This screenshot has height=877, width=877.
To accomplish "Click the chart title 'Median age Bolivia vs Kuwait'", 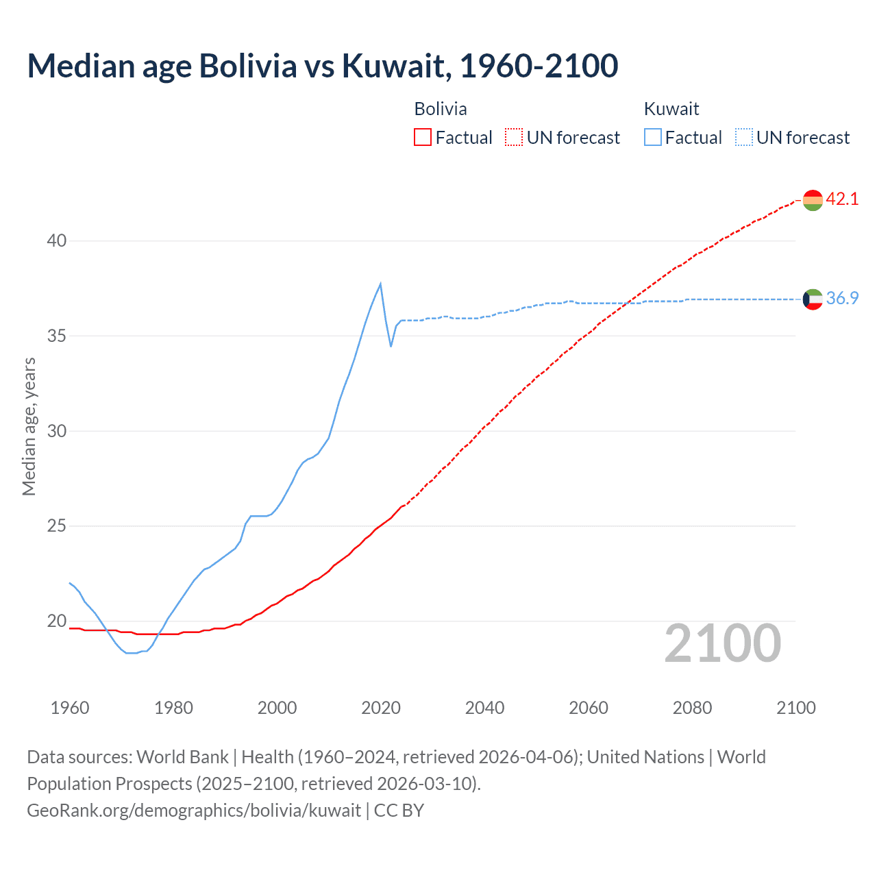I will click(322, 66).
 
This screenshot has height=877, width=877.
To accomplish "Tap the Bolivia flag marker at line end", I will click(813, 200).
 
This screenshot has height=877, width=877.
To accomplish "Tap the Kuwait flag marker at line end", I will click(813, 299).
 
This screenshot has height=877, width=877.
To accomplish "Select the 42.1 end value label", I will click(842, 199).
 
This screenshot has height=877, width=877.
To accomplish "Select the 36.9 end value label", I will click(842, 299).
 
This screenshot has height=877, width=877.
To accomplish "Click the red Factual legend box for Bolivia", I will click(423, 138).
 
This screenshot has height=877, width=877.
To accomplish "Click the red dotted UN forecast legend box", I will click(514, 138).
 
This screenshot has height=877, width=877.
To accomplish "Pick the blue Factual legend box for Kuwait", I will click(652, 138).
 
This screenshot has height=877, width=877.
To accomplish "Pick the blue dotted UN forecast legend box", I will click(743, 138).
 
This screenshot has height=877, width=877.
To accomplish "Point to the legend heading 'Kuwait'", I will click(671, 109).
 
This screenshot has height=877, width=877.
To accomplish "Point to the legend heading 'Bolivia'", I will click(441, 109).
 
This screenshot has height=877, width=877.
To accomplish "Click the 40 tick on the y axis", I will click(57, 241).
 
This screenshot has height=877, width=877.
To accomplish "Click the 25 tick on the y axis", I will click(57, 526).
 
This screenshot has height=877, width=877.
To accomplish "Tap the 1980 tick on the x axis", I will click(173, 708).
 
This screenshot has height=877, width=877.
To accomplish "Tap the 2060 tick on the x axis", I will click(588, 708).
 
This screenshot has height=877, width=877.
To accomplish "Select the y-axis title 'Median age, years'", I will click(29, 426).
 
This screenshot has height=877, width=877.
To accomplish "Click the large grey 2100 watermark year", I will click(722, 643).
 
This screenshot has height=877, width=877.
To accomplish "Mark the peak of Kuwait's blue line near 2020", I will click(380, 284).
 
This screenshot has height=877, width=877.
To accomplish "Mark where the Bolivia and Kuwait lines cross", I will click(627, 302).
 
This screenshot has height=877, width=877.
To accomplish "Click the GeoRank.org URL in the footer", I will click(194, 811).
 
